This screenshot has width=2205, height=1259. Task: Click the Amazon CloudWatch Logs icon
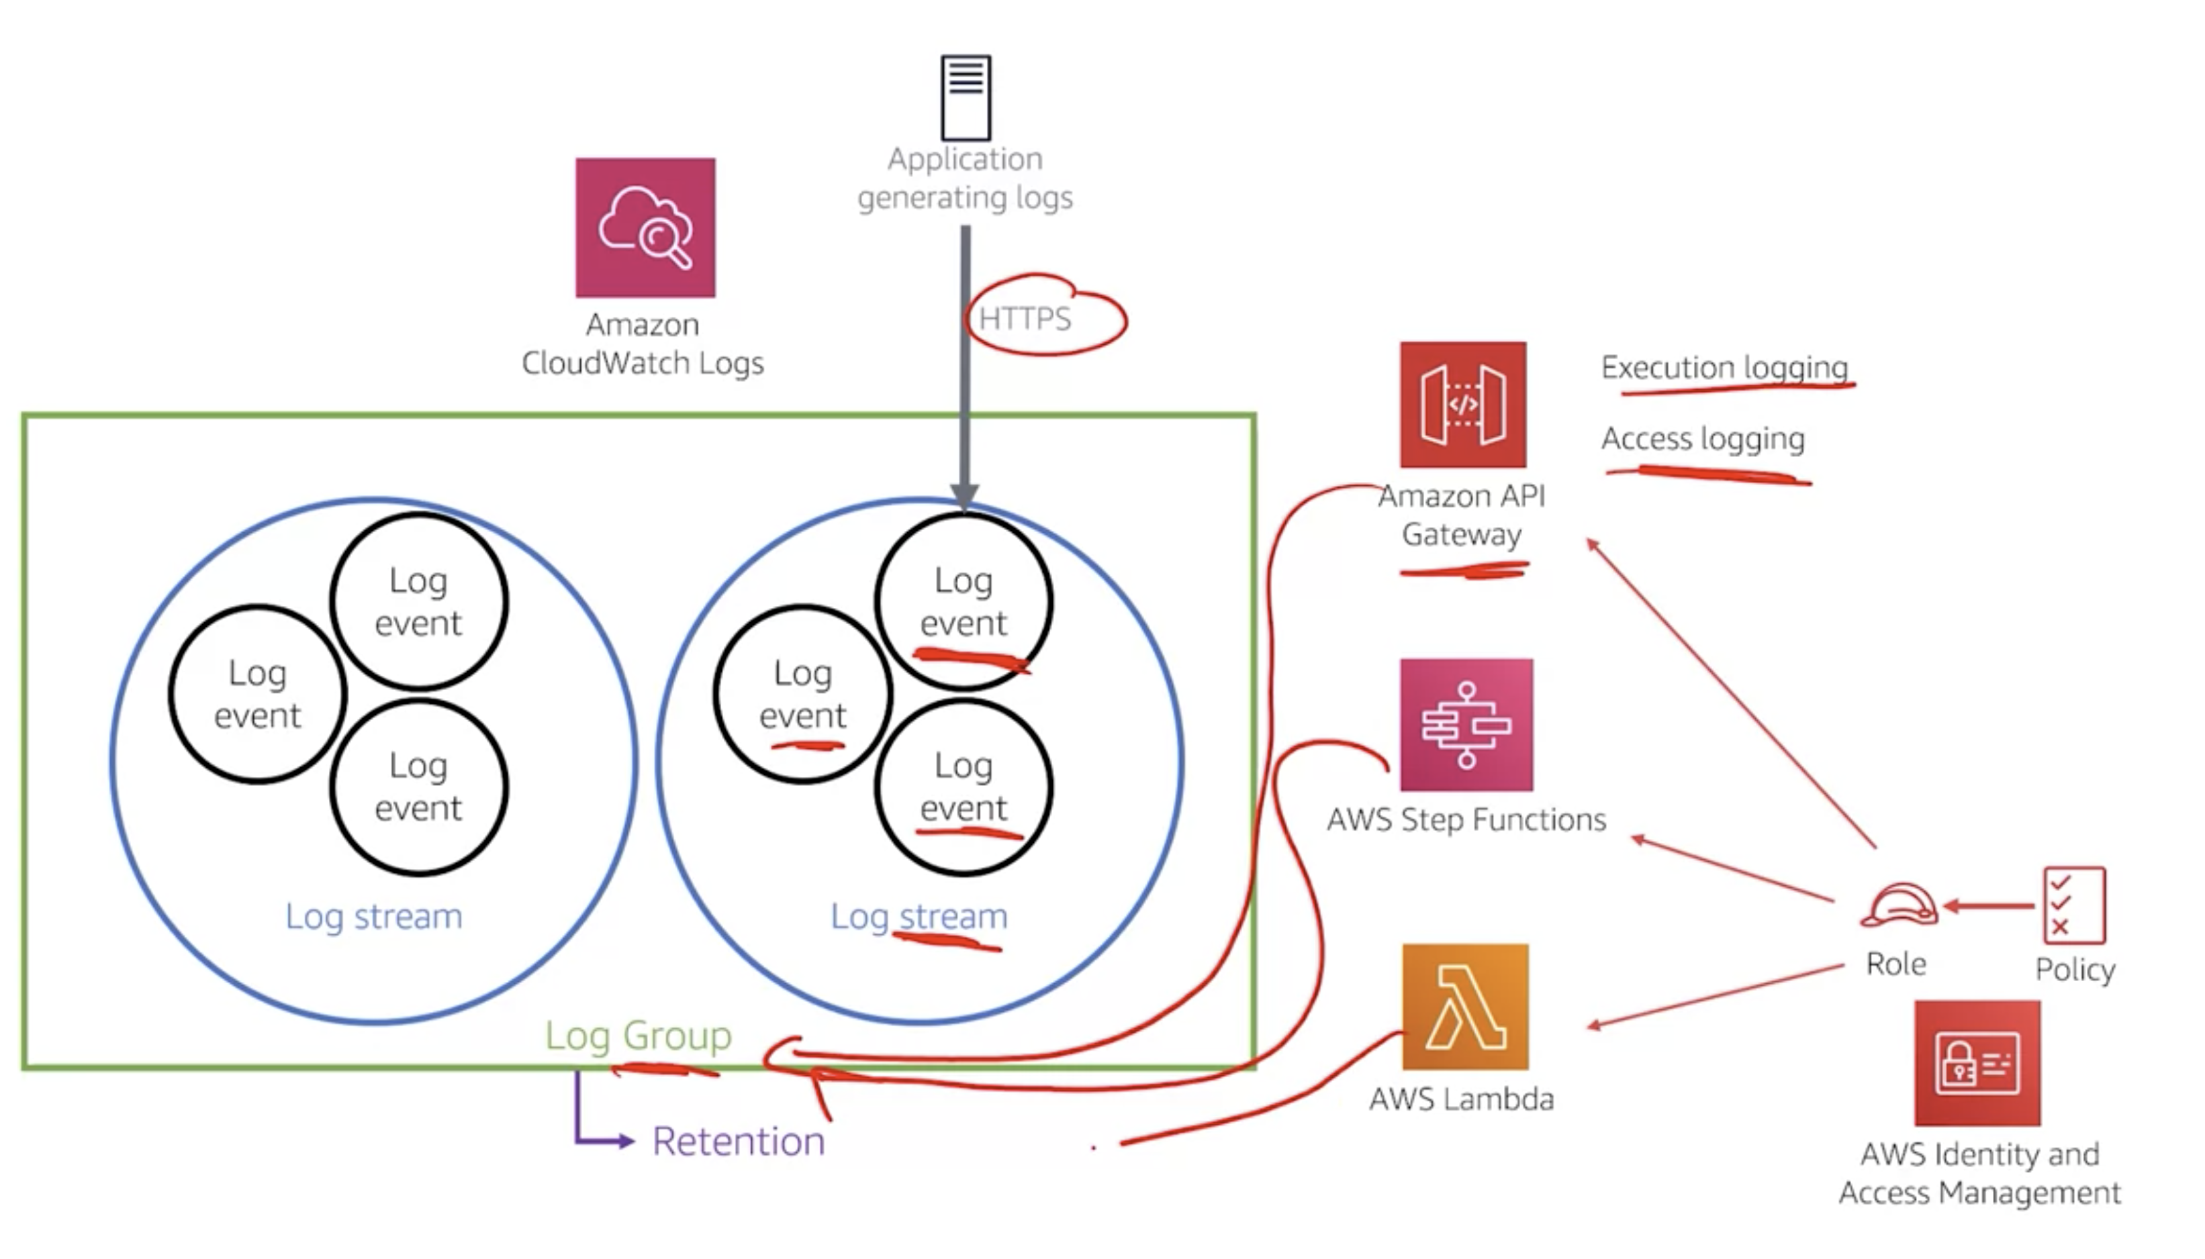645,228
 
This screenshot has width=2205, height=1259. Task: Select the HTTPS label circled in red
1025,319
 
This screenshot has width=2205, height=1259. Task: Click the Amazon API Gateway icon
1463,405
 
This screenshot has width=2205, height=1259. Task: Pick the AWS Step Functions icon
1466,725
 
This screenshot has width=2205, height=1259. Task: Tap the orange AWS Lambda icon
1465,1007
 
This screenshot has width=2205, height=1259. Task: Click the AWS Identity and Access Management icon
1977,1063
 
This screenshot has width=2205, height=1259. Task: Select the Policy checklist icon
2073,905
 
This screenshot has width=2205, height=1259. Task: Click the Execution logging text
1724,368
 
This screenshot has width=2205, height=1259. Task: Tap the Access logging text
1702,438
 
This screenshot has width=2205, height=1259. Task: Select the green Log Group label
639,1035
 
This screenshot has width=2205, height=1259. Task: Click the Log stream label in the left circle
374,915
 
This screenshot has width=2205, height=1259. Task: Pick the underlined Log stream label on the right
919,915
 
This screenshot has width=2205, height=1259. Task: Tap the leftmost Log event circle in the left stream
258,695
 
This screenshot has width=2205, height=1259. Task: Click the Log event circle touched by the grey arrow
963,601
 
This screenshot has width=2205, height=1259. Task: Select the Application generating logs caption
966,178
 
